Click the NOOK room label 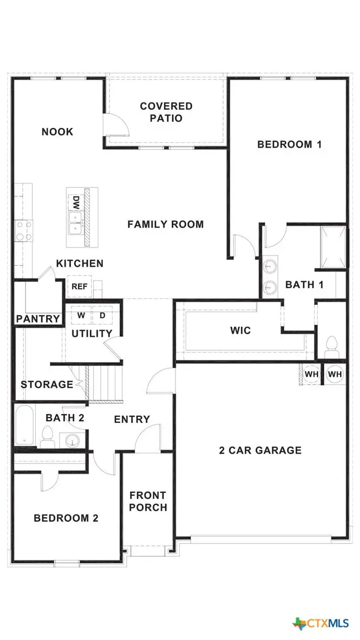57,132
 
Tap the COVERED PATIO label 166,112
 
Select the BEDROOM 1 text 290,144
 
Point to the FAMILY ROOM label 166,224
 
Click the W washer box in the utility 81,315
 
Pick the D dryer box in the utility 102,315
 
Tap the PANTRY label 37,318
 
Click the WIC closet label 240,330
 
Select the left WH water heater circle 311,374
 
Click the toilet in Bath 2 47,436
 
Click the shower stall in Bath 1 332,247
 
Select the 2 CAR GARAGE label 260,450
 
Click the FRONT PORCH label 148,501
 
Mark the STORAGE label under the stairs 47,384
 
